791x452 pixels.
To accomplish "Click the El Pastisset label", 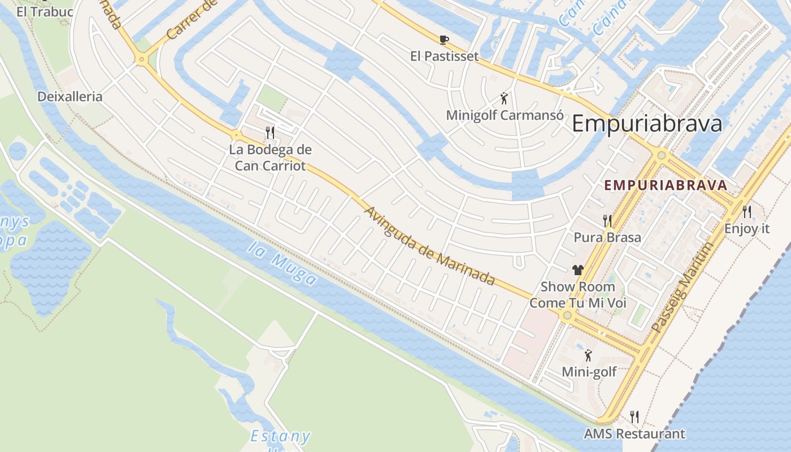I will [444, 56].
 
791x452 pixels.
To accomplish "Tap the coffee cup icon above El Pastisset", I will [444, 40].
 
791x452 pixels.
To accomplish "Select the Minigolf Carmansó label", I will [505, 115].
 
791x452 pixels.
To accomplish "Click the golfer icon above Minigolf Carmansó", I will [505, 98].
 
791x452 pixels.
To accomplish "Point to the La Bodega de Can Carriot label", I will [270, 158].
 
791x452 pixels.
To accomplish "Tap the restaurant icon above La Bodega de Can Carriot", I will [270, 133].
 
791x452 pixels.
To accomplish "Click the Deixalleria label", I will [70, 97].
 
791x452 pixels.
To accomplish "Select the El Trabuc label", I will [45, 11].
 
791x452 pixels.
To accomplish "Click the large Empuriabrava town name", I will [647, 123].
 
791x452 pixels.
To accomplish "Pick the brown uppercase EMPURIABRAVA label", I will [666, 185].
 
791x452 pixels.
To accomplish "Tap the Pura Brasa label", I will [607, 237].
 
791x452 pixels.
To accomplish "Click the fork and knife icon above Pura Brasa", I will [607, 220].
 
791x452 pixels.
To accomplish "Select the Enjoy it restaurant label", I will [747, 229].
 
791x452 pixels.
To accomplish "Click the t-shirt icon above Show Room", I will [577, 270].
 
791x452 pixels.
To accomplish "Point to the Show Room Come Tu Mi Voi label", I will [577, 294].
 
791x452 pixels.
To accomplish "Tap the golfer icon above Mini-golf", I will [589, 355].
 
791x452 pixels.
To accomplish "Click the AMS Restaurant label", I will [634, 434].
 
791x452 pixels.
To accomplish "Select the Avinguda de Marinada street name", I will [430, 246].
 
